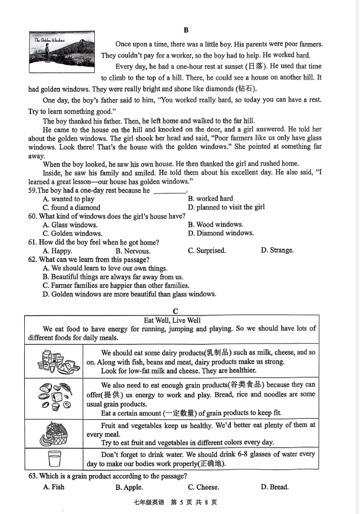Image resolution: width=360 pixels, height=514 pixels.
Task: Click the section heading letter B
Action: click(x=186, y=30)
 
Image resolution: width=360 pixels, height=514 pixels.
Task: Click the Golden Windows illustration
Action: click(x=62, y=53)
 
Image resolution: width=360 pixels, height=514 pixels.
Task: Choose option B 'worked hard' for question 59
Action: click(x=210, y=199)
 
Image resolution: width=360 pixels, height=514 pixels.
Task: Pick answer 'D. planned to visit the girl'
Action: click(x=226, y=207)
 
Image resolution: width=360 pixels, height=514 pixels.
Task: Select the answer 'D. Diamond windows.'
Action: click(x=221, y=233)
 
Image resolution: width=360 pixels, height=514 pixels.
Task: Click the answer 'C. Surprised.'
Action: click(x=207, y=251)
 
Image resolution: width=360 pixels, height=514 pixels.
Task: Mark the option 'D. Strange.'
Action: click(x=277, y=251)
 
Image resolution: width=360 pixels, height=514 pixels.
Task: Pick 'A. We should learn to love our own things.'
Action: click(x=105, y=269)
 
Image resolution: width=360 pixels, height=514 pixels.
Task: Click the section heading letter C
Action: click(x=175, y=311)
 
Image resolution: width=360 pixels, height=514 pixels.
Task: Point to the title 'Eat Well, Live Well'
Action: click(x=172, y=320)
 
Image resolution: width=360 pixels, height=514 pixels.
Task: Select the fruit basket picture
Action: click(x=55, y=434)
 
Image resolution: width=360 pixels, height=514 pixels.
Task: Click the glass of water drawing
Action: click(x=55, y=459)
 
